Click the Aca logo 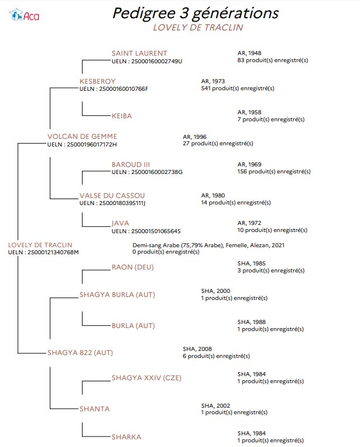24,15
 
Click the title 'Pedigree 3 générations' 196,13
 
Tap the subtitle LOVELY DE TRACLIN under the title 198,28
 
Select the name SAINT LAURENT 139,53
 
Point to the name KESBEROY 97,81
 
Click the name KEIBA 122,116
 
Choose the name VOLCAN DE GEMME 82,137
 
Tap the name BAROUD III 131,165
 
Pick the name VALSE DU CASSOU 112,196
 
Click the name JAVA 120,223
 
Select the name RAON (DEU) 132,267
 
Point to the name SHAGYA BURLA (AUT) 117,295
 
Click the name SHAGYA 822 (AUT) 80,353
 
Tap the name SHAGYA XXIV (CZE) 146,378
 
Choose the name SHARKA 126,437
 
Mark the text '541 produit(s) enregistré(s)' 238,88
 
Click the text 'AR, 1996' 194,137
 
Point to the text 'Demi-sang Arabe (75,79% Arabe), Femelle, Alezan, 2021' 208,245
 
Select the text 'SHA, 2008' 197,349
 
